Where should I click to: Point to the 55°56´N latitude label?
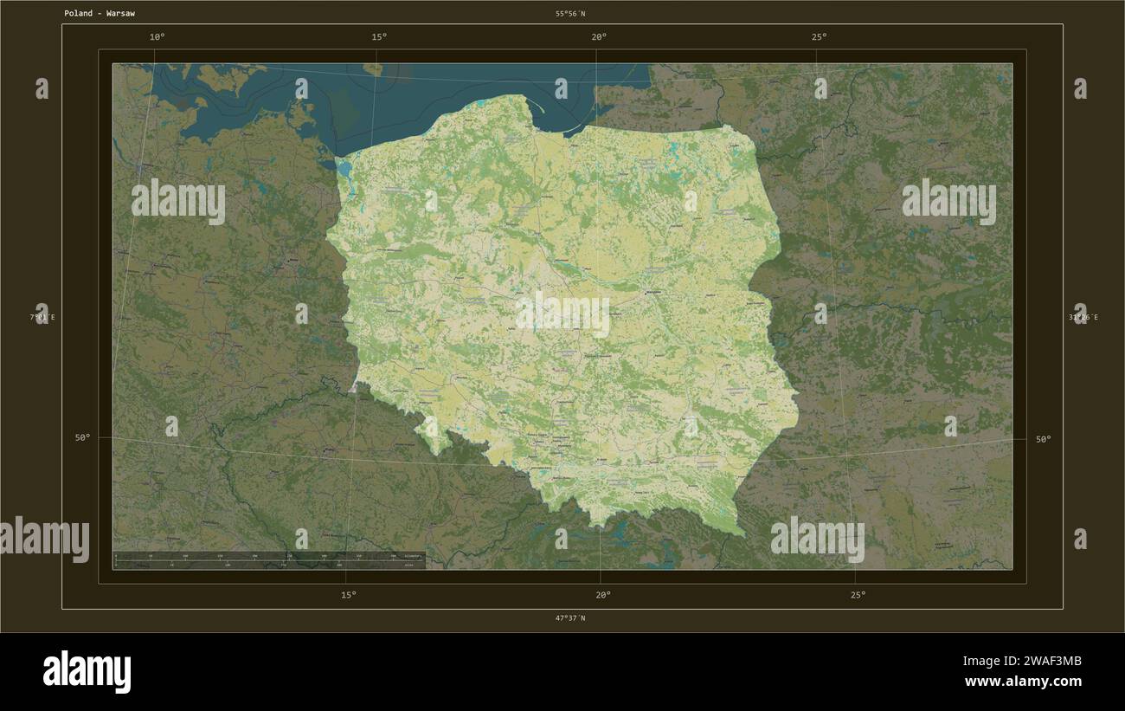pos(570,14)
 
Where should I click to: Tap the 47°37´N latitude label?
pos(570,618)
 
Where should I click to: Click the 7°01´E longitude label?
pos(43,318)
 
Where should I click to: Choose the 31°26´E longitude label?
pos(1083,318)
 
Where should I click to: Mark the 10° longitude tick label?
pos(157,36)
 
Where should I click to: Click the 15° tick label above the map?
pos(379,36)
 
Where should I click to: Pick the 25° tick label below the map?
pos(858,595)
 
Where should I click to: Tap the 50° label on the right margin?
pos(1044,439)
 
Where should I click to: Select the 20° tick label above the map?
pos(599,36)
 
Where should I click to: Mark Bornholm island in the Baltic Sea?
pos(374,68)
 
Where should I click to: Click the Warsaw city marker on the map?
pos(654,293)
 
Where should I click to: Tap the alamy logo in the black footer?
pos(87,672)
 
